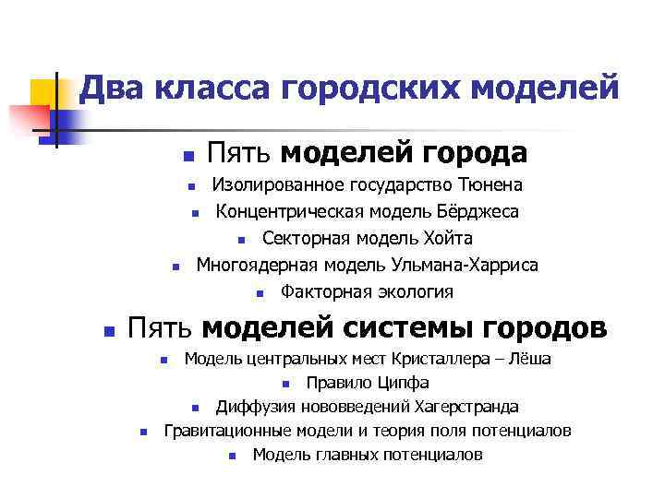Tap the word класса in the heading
pos(212,89)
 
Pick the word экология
pos(411,292)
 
